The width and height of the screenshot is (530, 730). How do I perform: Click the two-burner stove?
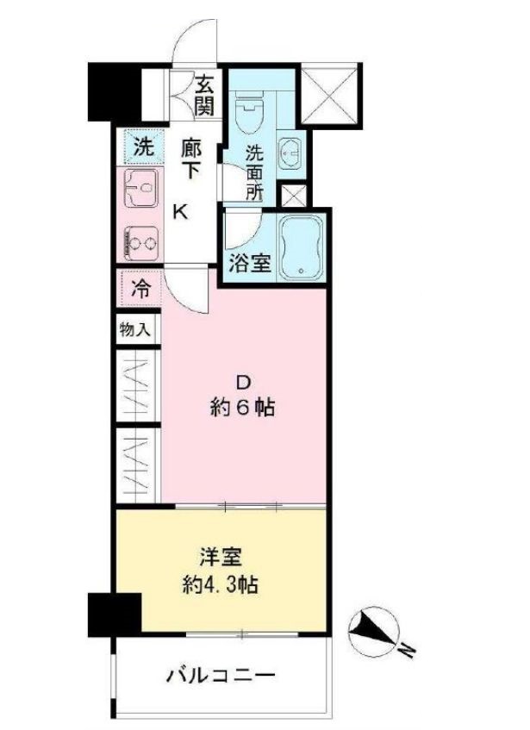click(140, 240)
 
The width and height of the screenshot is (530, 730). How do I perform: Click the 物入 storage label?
click(134, 328)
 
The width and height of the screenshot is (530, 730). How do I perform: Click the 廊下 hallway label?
click(190, 159)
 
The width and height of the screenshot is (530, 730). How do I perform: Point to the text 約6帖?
click(243, 408)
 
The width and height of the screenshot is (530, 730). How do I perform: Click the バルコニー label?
click(220, 675)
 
